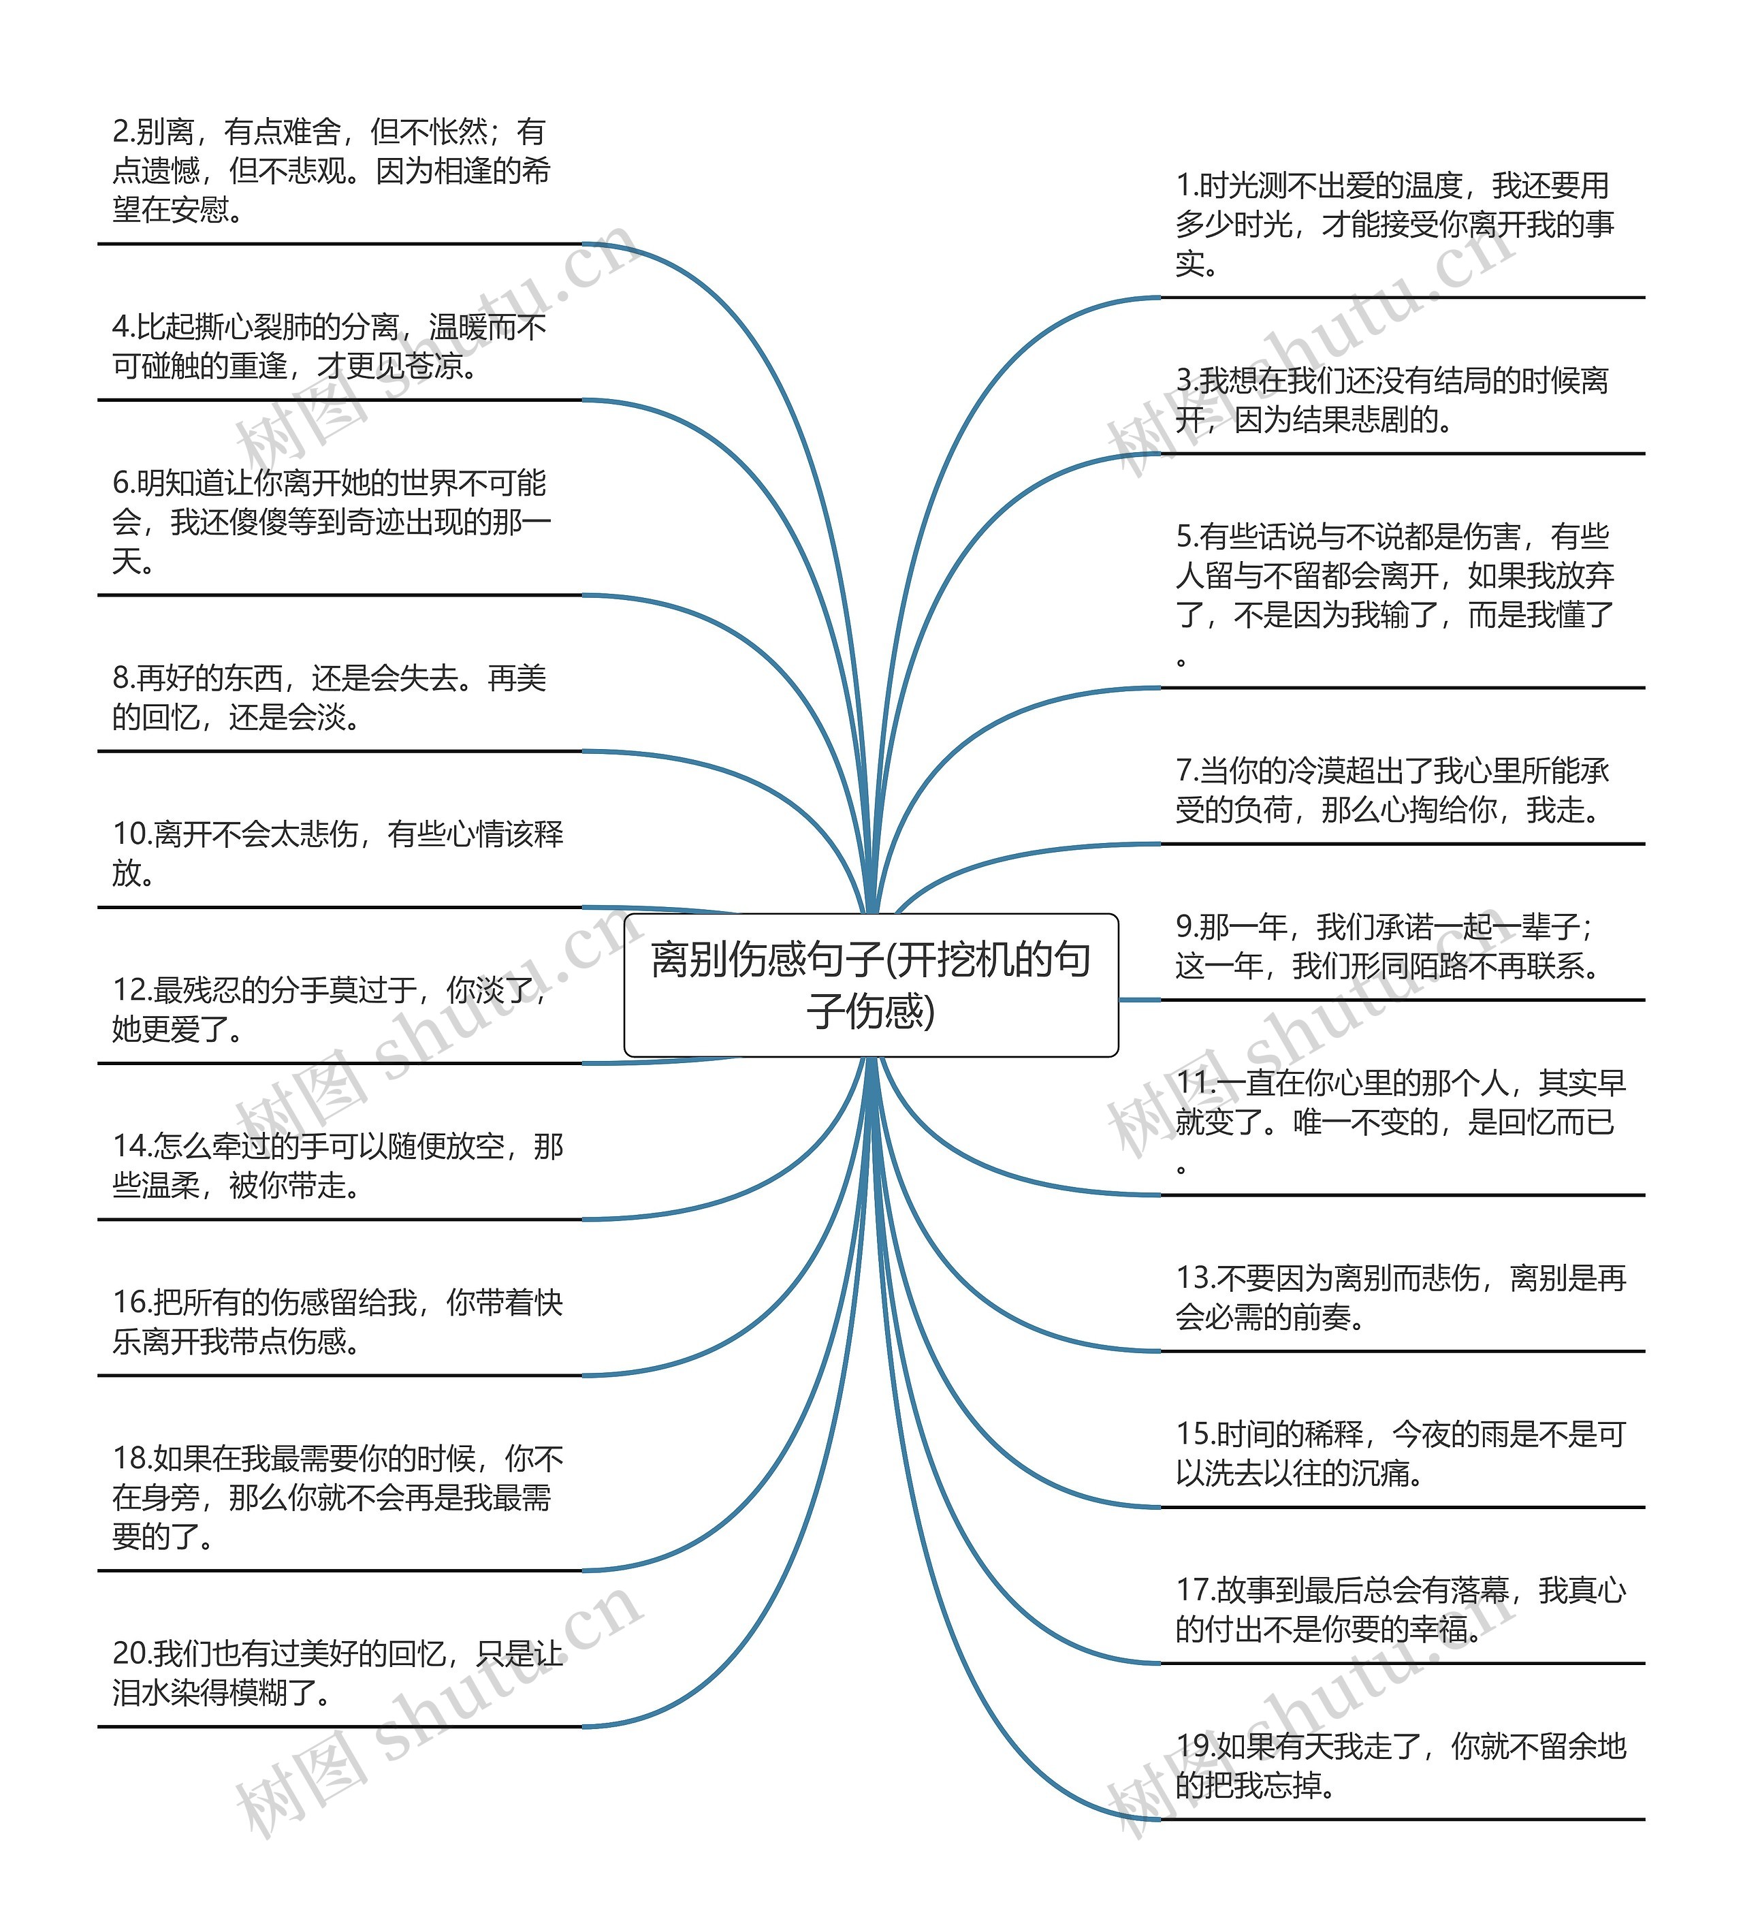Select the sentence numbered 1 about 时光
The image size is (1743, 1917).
(1394, 225)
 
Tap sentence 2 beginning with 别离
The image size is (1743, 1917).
(331, 170)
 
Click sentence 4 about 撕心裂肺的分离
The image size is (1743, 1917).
(329, 346)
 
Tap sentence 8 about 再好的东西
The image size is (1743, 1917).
(329, 697)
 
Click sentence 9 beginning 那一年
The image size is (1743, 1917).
(1388, 946)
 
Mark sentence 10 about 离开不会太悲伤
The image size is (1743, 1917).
(338, 853)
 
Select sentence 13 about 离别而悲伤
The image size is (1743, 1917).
(1400, 1297)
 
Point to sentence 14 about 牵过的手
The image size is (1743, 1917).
(338, 1166)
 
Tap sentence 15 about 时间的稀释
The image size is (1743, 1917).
(1400, 1453)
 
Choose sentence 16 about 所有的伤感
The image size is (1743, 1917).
(338, 1322)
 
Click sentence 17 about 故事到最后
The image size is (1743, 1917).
(1400, 1609)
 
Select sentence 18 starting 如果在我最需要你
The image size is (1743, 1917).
(338, 1498)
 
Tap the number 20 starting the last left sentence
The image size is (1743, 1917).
(131, 1653)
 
